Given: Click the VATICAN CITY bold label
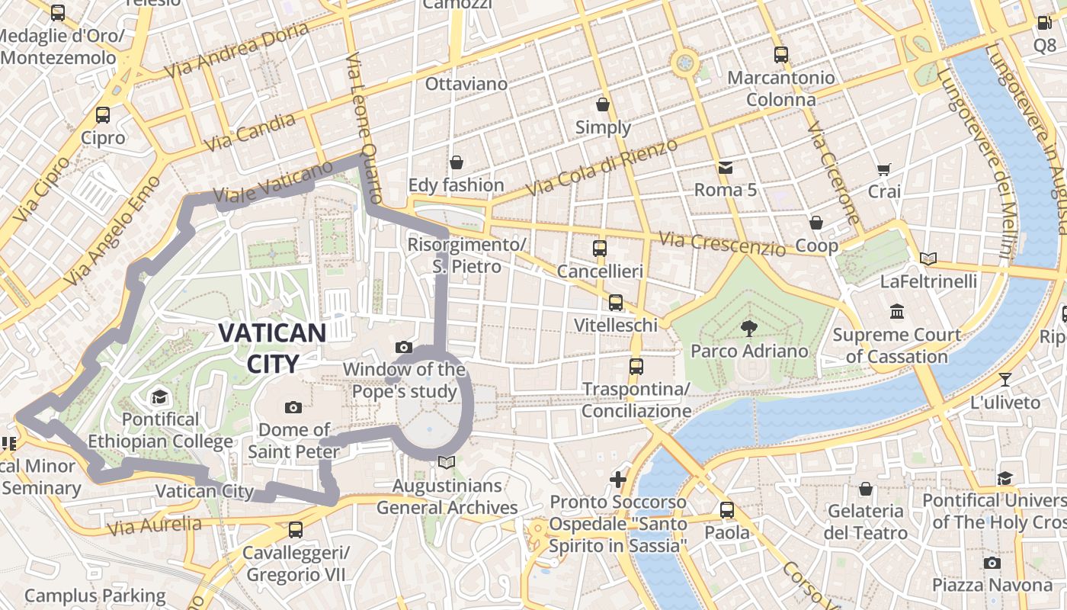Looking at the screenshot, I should tap(272, 347).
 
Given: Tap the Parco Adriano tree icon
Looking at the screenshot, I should tap(749, 328).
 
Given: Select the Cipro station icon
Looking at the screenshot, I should tap(102, 115).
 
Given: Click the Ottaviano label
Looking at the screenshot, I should tap(466, 84).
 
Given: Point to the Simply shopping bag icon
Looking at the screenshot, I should tap(603, 104).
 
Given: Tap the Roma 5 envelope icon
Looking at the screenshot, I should tap(725, 167).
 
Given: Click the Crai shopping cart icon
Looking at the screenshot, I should tap(883, 169).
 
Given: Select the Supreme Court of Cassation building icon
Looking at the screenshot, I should tap(896, 311).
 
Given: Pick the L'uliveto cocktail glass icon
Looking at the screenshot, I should tap(1005, 379).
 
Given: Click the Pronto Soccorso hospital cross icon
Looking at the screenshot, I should tap(618, 480).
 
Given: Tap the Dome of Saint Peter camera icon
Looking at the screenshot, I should tap(293, 407).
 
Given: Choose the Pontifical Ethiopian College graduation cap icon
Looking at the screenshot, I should tap(159, 396).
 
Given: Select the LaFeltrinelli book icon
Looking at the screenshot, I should tap(928, 259).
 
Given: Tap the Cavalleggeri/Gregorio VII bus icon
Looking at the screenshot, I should tap(295, 529).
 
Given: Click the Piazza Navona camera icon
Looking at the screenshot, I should tap(992, 563).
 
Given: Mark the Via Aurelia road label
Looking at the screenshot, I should tap(155, 525).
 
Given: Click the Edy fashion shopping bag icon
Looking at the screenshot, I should tap(456, 162).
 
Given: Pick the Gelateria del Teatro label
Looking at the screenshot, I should tap(865, 522).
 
